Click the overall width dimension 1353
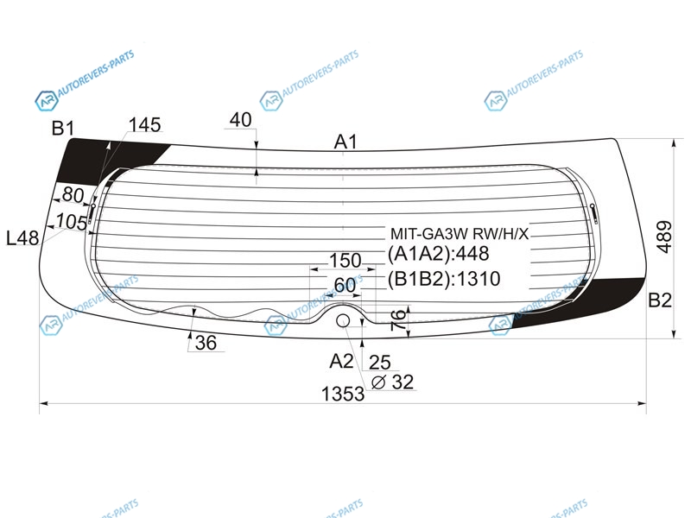tap(343, 394)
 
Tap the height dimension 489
tap(664, 237)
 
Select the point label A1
tap(345, 142)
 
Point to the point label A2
tap(341, 361)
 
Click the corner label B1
tap(63, 128)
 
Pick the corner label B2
tap(660, 300)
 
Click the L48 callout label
tap(22, 238)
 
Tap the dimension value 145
tap(144, 125)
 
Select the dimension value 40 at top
tap(241, 120)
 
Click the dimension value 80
tap(73, 194)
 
